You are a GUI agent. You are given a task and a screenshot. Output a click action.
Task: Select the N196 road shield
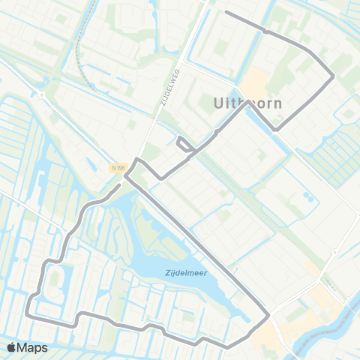[x=117, y=168]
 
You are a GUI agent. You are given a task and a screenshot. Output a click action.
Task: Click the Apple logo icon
[x=12, y=347]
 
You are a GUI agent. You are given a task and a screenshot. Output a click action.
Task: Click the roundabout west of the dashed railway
[x=42, y=94]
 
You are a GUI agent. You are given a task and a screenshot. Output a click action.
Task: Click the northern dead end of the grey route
[x=226, y=13]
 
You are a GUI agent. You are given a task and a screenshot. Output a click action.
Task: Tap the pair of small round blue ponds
[x=307, y=196]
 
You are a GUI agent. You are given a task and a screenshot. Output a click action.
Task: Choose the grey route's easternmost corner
[x=333, y=74]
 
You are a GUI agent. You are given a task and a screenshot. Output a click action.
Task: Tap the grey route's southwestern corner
[x=28, y=316]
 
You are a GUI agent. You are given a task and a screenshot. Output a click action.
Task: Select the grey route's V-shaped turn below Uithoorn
[x=276, y=130]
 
